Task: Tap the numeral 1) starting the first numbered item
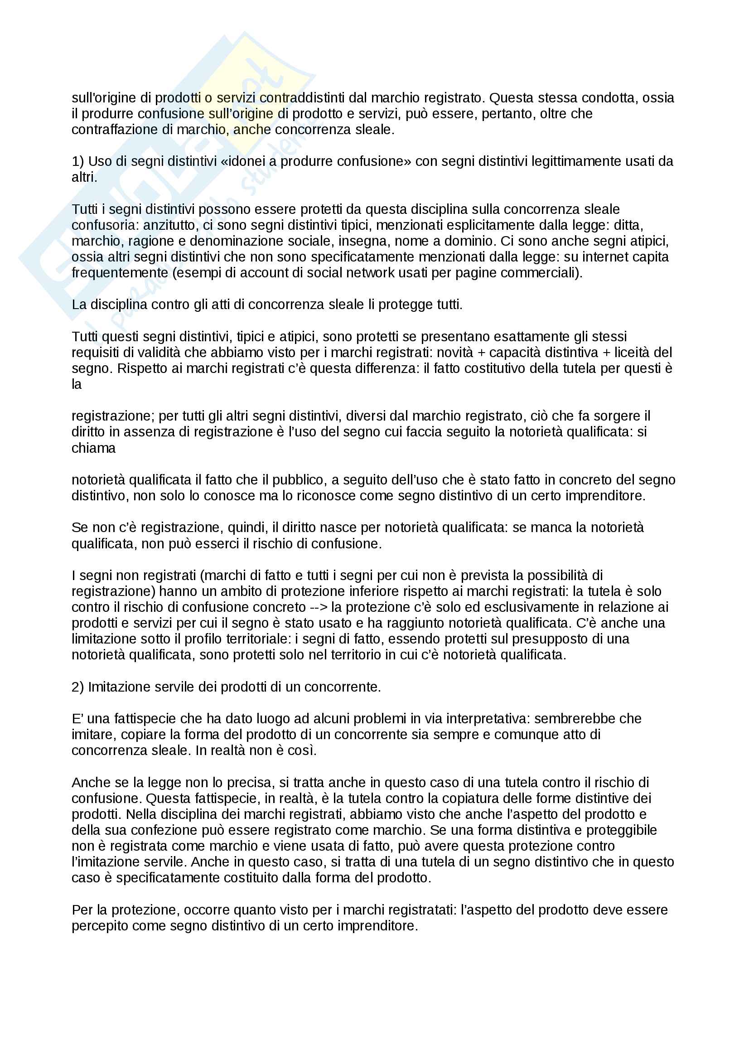coord(77,162)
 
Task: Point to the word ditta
coord(628,225)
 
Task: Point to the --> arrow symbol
coord(318,608)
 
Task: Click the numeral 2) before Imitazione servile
coord(77,687)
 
